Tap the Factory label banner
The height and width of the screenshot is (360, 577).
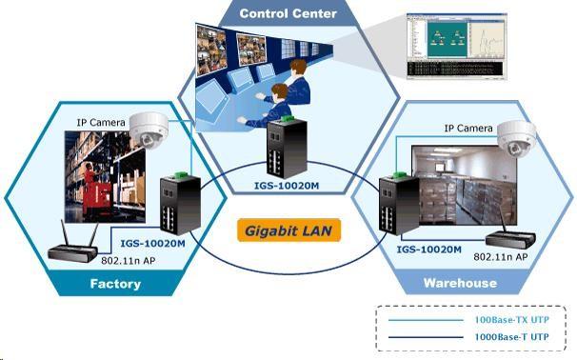click(x=115, y=284)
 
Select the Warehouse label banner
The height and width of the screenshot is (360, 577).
click(x=460, y=283)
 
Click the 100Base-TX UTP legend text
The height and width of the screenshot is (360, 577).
click(x=510, y=321)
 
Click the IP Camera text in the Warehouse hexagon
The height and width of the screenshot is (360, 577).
click(x=468, y=128)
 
